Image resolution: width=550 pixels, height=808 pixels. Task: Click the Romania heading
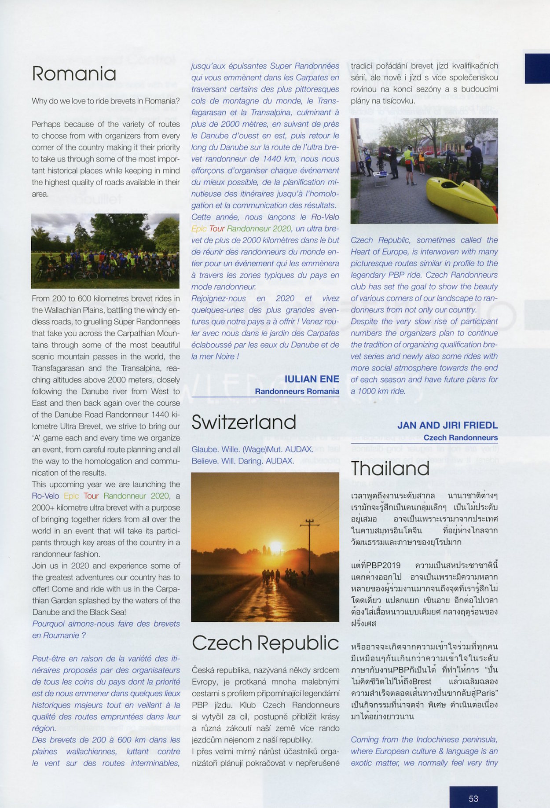(x=74, y=74)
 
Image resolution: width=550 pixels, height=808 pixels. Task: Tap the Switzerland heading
(x=244, y=422)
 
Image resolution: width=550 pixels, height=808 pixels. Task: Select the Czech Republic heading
(x=265, y=643)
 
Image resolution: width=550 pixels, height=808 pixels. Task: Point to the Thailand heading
(x=390, y=468)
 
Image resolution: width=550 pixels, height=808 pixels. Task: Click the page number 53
(x=473, y=798)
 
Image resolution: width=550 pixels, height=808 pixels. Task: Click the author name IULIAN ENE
(x=312, y=379)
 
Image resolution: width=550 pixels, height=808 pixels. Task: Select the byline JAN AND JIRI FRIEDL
(x=447, y=425)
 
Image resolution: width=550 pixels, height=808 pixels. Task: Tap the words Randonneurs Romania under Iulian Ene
(x=297, y=391)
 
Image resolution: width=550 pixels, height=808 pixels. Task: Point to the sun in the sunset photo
(x=276, y=547)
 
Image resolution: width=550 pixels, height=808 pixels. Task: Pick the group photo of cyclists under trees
(x=106, y=251)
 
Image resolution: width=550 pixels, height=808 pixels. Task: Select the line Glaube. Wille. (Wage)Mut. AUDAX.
(x=253, y=449)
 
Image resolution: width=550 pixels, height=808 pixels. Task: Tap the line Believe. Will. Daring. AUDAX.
(x=243, y=461)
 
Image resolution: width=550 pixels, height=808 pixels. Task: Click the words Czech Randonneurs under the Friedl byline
(x=460, y=437)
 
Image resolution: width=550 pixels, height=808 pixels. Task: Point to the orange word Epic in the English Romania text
(x=71, y=496)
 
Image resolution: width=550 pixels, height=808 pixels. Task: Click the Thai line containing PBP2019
(x=424, y=565)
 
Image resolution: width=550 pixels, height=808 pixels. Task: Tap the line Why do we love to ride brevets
(x=106, y=101)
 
